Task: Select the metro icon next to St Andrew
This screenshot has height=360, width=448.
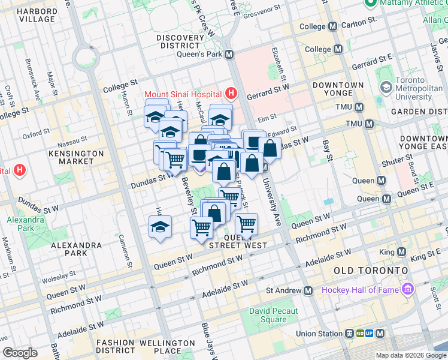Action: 308,290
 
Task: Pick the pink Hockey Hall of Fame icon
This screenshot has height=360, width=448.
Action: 408,290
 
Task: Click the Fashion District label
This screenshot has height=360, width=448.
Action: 115,346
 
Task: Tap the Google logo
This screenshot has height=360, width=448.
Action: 20,353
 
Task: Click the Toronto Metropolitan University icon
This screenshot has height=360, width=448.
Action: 386,88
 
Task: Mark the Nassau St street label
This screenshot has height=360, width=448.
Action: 72,145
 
